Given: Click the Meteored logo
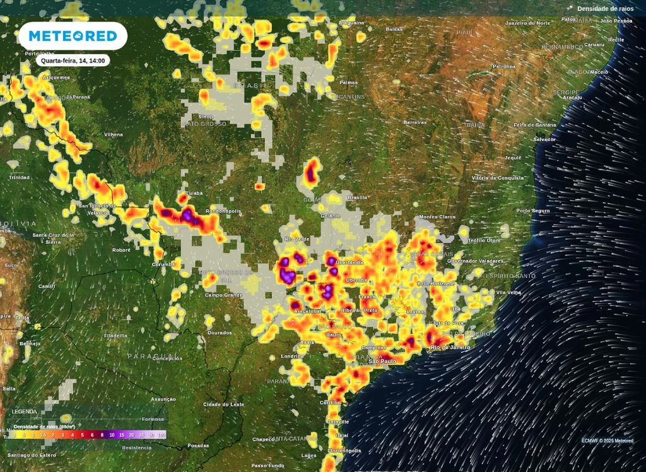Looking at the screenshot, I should tap(73, 36).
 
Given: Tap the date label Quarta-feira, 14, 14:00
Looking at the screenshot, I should tap(73, 61).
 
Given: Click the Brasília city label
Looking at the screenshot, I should tap(357, 198).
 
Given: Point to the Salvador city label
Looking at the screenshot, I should tap(544, 139).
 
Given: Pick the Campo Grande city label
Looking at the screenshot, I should tap(223, 295).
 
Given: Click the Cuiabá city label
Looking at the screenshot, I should tap(193, 193).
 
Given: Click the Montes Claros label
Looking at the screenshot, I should tap(437, 216).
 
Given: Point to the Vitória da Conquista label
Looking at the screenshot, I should tap(498, 178).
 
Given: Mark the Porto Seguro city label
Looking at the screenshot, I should tap(533, 210).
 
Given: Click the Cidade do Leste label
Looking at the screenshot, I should tap(223, 404).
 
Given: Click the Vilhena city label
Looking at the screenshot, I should tap(114, 134).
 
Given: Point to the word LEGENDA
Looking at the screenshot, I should tap(25, 411).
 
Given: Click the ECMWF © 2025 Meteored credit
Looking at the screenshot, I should tap(608, 440).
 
